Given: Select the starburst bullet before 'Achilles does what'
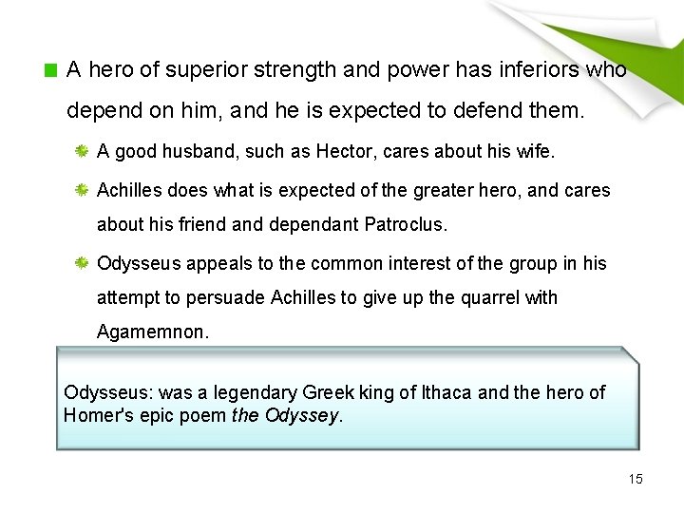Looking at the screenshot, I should coord(84,192).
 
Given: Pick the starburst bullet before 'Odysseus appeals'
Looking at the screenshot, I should coord(84,263).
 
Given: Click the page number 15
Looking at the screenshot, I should coord(636,479).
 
